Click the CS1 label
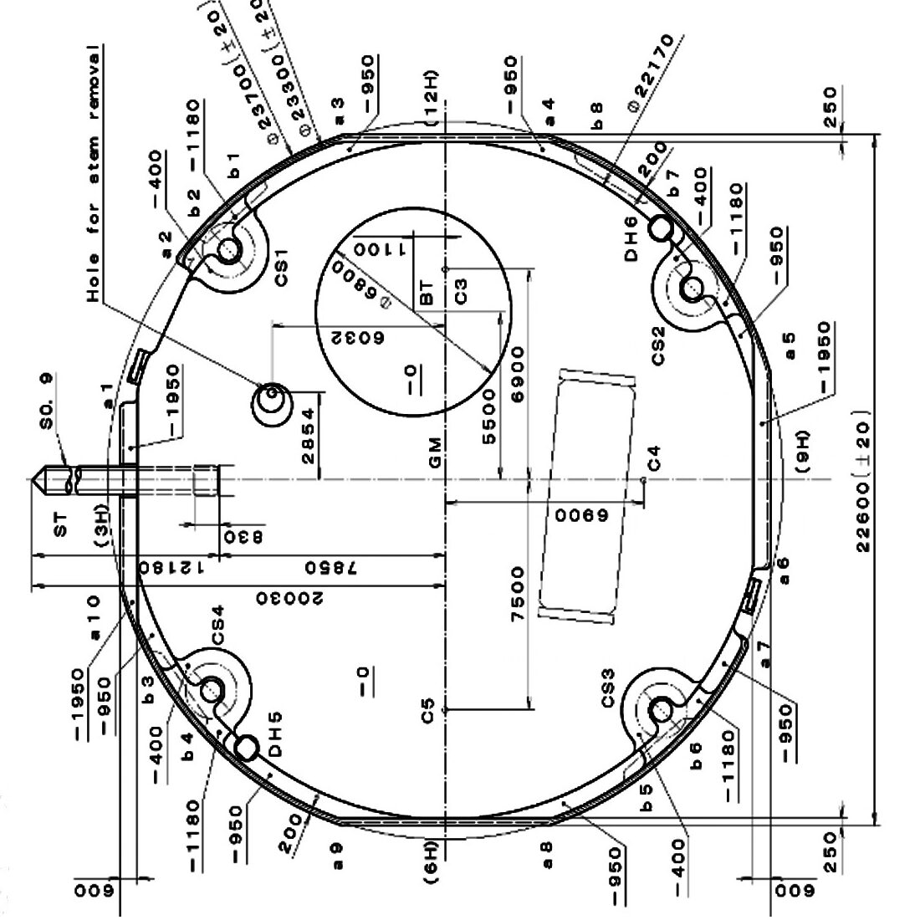(x=281, y=266)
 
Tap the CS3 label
(x=609, y=687)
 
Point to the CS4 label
(x=217, y=625)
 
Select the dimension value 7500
(x=519, y=594)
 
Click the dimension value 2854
(x=309, y=436)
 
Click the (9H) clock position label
(x=804, y=452)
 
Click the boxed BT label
(x=427, y=292)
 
